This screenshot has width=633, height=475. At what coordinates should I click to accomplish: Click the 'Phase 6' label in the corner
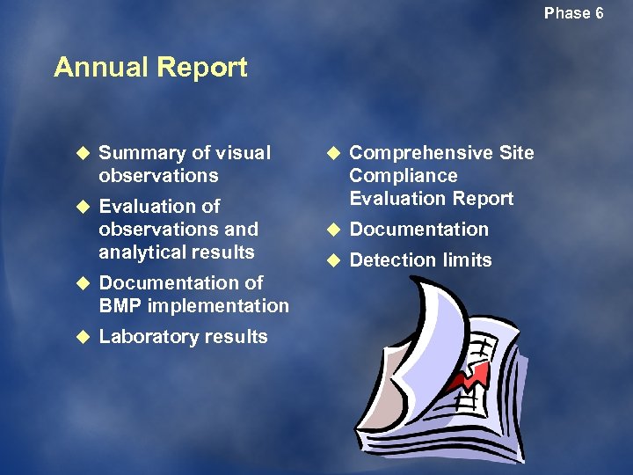point(573,13)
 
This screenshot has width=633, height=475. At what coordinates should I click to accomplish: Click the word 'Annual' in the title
point(99,68)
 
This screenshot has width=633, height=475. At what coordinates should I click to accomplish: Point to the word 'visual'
point(243,153)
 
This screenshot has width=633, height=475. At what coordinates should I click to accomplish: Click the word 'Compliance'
point(403,176)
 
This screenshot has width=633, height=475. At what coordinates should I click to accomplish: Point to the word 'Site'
point(516,153)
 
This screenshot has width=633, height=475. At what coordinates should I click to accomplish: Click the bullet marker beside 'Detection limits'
point(332,260)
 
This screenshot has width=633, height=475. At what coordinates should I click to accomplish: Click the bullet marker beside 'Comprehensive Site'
point(332,153)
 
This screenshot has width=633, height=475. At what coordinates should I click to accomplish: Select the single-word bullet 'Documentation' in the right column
point(418,230)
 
